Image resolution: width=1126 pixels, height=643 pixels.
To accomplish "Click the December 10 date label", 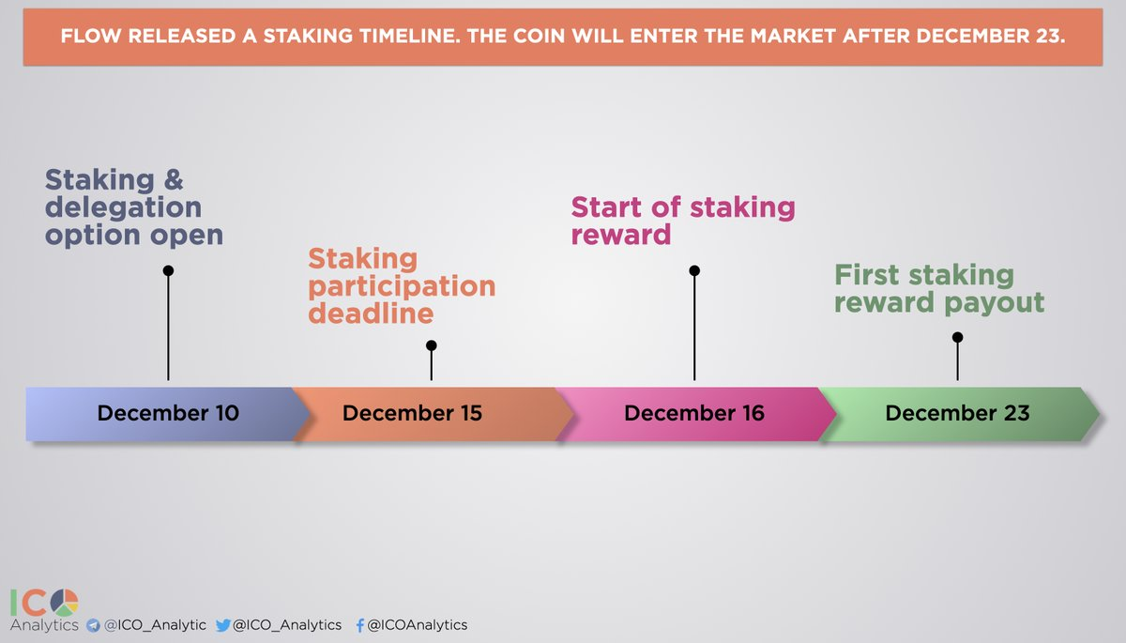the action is (168, 413).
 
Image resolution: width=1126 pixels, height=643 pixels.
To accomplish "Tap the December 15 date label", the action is (412, 413).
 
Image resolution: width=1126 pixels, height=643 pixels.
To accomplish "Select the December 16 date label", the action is (694, 413).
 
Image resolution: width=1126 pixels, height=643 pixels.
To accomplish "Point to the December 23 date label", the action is (958, 413).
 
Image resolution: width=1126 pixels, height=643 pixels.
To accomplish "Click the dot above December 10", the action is (168, 271).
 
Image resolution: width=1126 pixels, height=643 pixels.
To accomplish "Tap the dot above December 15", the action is (432, 345).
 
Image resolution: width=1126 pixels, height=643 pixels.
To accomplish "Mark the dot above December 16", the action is (694, 271).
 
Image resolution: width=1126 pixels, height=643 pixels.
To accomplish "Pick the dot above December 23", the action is (958, 337).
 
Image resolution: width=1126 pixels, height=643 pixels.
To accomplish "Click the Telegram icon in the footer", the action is (93, 625).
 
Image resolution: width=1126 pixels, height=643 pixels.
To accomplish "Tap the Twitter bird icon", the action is (222, 625).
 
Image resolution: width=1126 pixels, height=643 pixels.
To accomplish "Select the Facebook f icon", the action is (360, 625).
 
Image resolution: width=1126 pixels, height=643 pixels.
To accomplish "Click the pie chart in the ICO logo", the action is (65, 603).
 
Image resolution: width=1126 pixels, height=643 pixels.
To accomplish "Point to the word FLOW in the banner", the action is (91, 37).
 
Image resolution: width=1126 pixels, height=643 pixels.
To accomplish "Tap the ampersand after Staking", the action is (174, 180).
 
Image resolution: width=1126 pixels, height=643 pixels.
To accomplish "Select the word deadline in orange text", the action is (371, 314).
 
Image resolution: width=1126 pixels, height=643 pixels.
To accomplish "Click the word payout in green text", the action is (995, 303).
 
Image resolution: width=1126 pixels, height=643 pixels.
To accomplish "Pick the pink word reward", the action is (621, 235).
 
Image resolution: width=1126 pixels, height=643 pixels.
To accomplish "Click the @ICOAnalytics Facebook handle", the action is (418, 625).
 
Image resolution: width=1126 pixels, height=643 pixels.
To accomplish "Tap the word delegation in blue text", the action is (123, 207).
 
